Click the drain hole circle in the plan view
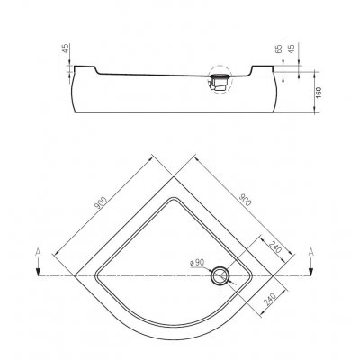click(x=220, y=276)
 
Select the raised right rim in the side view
click(x=270, y=66)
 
